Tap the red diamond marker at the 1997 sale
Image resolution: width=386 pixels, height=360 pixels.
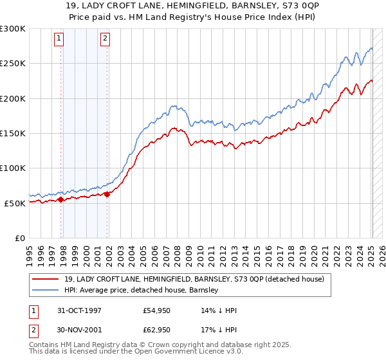61,199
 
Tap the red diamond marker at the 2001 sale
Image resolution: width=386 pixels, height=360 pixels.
107,194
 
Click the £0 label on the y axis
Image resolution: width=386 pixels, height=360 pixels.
21,238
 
